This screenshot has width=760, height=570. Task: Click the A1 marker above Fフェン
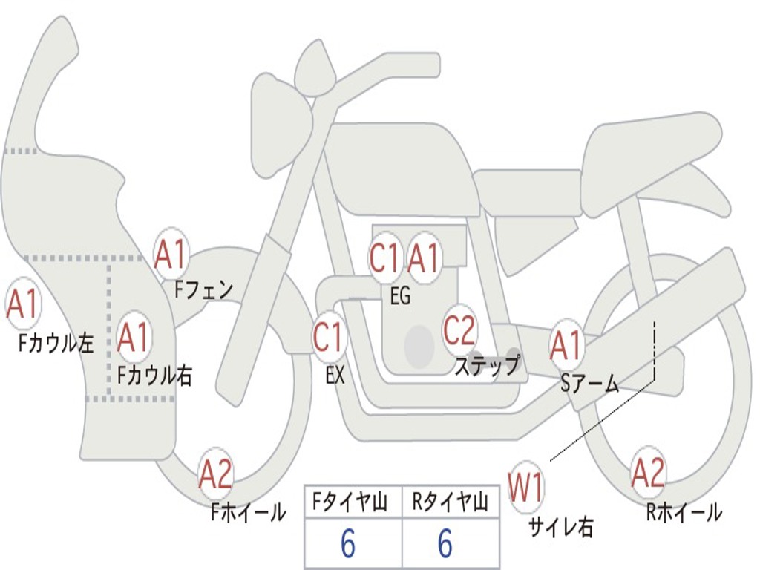point(171,255)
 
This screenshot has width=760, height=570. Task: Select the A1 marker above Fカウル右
point(134,336)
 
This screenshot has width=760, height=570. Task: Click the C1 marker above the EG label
point(384,258)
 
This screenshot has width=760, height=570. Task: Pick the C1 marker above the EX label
point(328,336)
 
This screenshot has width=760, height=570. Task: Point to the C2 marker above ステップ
point(459,330)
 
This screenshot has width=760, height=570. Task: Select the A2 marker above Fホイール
point(216,474)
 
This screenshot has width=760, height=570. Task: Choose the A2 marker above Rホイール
point(648,473)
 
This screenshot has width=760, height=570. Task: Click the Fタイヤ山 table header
point(350,501)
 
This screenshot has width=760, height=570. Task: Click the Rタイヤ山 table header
point(450,501)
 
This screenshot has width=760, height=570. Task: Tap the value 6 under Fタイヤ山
point(348,543)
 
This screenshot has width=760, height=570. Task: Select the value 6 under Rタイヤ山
point(445,543)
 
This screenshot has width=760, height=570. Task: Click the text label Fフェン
point(203,290)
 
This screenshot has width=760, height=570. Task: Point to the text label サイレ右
point(561,527)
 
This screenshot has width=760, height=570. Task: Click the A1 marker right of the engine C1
point(424,258)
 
